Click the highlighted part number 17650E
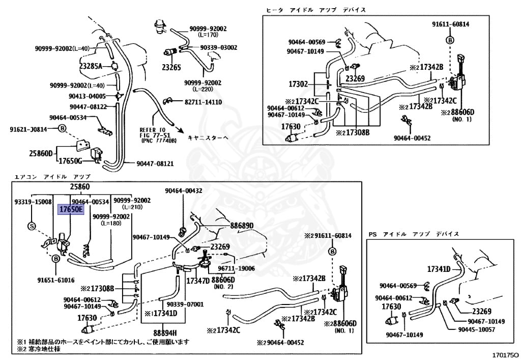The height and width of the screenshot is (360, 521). [x=70, y=209]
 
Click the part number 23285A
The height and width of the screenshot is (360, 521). [x=91, y=66]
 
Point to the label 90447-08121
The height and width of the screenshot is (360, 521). [x=155, y=163]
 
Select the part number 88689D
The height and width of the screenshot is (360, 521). [x=242, y=225]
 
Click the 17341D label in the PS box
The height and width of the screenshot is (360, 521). [x=439, y=268]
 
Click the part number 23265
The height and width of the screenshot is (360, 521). [x=171, y=66]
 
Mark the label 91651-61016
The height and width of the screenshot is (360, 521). [x=55, y=280]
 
